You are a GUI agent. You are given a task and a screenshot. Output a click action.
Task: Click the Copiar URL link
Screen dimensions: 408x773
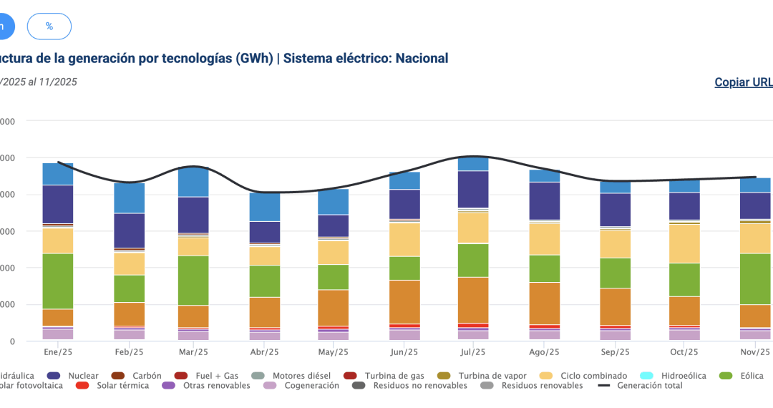(x=744, y=82)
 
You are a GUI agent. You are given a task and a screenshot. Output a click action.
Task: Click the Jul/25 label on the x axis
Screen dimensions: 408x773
(x=473, y=352)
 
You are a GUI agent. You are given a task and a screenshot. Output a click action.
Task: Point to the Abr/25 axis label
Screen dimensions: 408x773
(x=265, y=352)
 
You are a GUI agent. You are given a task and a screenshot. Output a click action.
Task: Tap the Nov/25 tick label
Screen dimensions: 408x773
(x=754, y=352)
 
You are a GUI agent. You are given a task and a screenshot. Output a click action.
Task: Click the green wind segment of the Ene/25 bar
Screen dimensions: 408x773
(x=58, y=281)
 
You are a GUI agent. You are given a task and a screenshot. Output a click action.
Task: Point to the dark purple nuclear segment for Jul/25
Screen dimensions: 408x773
(x=473, y=189)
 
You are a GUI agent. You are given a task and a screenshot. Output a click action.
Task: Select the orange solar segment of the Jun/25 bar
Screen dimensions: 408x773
(x=404, y=301)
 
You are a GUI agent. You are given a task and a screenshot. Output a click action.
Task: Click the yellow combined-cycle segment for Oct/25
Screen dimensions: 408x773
(x=684, y=243)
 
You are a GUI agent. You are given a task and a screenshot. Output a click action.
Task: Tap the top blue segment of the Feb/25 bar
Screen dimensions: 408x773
(x=130, y=198)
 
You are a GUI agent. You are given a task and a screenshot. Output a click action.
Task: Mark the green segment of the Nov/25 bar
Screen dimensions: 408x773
(x=754, y=278)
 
